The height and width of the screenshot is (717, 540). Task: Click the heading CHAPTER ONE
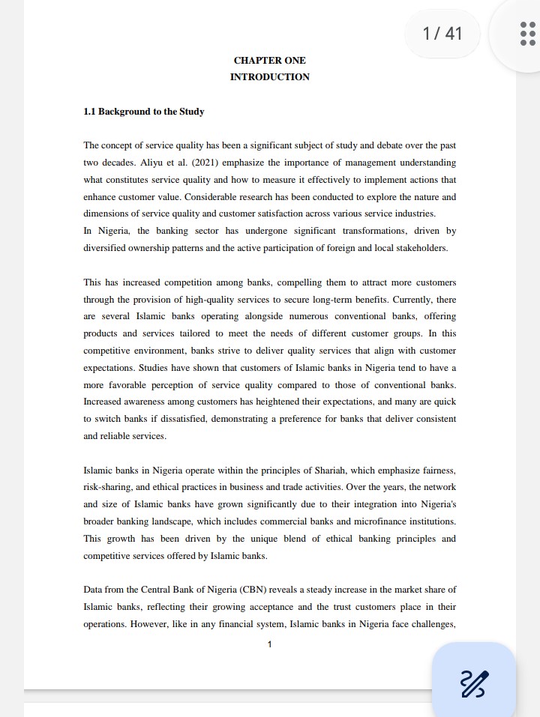click(269, 61)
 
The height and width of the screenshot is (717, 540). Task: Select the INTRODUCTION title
click(269, 77)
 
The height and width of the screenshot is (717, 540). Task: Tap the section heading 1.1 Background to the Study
click(143, 112)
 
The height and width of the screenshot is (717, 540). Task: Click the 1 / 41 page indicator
click(442, 34)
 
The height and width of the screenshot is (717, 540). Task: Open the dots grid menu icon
click(527, 34)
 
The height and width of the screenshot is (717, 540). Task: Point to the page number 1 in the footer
click(269, 644)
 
